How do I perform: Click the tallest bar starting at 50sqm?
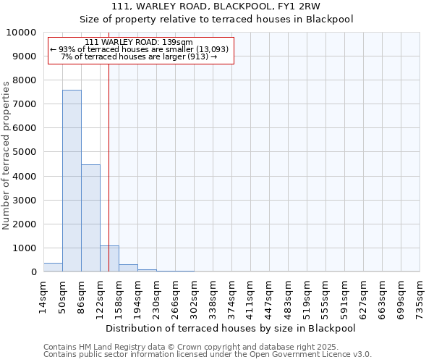(72, 181)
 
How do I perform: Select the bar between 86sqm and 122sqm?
(90, 218)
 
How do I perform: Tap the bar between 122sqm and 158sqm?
(109, 258)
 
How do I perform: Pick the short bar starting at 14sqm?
(53, 267)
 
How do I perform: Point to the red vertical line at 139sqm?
(109, 145)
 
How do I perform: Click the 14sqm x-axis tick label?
(43, 295)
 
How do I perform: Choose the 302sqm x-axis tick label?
(194, 295)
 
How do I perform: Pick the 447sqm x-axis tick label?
(269, 295)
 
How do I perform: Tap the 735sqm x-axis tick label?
(420, 295)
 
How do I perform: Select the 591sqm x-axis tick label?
(344, 295)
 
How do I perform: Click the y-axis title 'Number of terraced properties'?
(7, 155)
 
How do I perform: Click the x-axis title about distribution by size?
(236, 328)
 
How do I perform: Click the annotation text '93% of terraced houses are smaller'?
(141, 49)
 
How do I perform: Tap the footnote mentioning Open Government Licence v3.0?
(208, 355)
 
